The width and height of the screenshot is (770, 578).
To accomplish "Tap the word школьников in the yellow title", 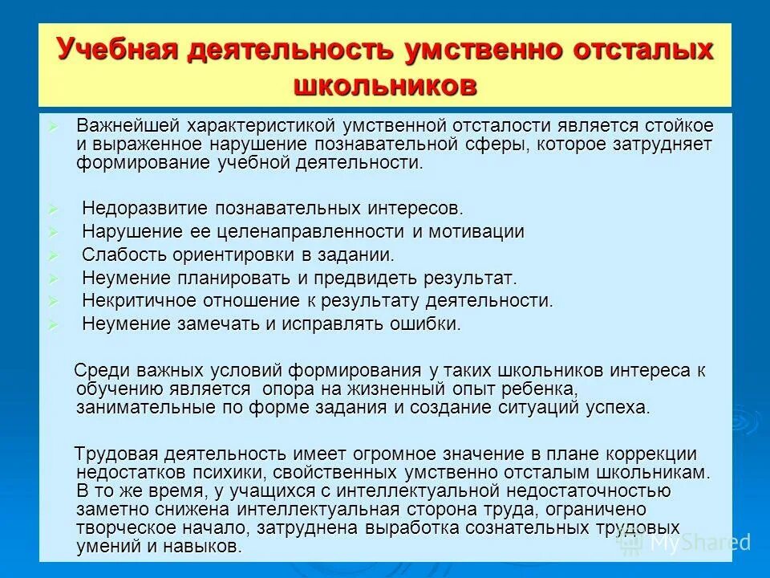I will click(x=386, y=85).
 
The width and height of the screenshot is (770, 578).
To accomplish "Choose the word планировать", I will click(x=228, y=279).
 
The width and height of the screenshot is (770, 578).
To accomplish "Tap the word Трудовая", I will click(x=111, y=454).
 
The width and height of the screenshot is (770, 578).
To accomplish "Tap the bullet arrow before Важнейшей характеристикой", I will click(x=54, y=126).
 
